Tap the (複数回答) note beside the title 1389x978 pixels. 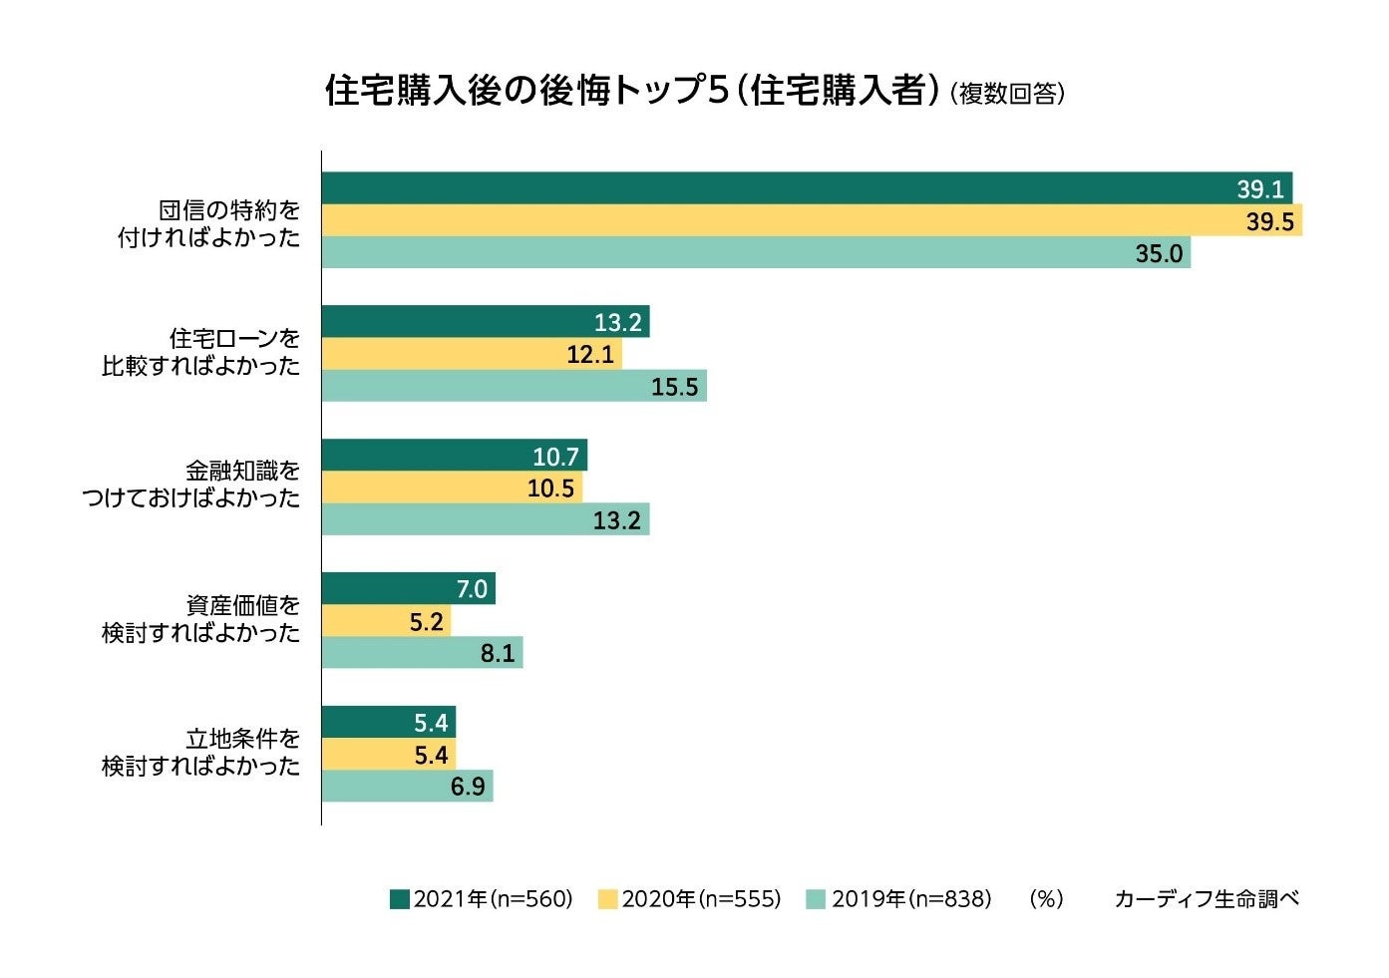(1007, 94)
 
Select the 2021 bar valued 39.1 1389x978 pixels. (806, 188)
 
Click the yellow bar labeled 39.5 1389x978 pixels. (811, 220)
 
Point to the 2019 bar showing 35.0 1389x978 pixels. (755, 252)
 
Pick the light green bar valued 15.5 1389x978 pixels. (514, 386)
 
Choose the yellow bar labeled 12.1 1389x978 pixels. (471, 354)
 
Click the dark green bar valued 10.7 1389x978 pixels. (454, 456)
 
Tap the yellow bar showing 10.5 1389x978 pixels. (451, 488)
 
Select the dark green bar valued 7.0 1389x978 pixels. (408, 588)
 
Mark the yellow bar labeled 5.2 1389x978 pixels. (386, 620)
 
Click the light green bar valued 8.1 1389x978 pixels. (422, 652)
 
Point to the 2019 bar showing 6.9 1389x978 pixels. (407, 786)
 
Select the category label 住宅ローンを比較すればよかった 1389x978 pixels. (201, 352)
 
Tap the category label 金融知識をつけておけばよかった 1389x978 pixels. (191, 484)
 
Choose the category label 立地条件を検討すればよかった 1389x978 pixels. (201, 753)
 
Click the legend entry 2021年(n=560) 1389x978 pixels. (482, 899)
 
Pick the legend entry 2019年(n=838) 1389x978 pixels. (899, 899)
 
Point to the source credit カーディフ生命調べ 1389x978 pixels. (1207, 899)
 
